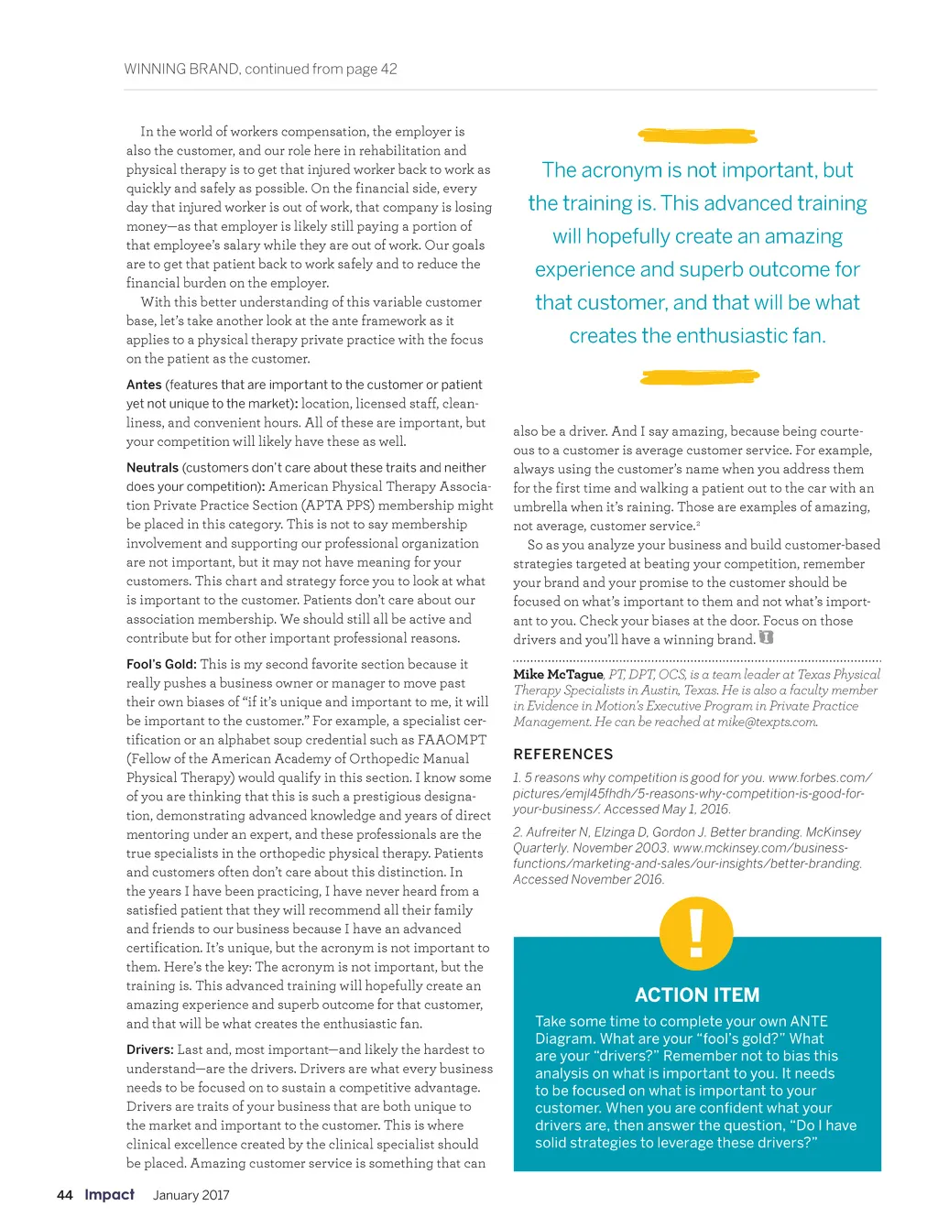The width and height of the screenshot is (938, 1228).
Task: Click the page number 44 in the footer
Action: click(64, 1195)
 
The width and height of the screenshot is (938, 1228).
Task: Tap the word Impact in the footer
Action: click(109, 1194)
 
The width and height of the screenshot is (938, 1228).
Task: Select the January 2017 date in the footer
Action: click(191, 1195)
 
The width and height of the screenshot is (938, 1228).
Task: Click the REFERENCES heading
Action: click(562, 755)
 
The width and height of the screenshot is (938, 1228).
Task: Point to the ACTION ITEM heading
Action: click(697, 994)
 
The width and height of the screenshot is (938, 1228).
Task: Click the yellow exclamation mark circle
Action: click(696, 932)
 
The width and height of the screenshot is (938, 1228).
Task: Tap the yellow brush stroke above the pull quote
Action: click(698, 136)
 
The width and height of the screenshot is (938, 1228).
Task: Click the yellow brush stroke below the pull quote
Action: click(700, 376)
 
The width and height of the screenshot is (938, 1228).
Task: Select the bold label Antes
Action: click(144, 385)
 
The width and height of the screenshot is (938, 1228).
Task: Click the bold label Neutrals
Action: click(152, 468)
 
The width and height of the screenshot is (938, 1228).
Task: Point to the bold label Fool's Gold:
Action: click(161, 664)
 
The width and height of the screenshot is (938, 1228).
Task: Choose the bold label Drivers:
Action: click(149, 1049)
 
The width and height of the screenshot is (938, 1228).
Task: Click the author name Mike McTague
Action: click(558, 674)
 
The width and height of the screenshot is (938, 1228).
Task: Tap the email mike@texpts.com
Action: click(767, 722)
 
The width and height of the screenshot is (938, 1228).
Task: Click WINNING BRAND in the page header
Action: click(181, 69)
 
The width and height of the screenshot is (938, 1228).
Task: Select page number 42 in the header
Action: click(388, 69)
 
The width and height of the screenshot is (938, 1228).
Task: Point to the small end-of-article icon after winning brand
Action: click(767, 638)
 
